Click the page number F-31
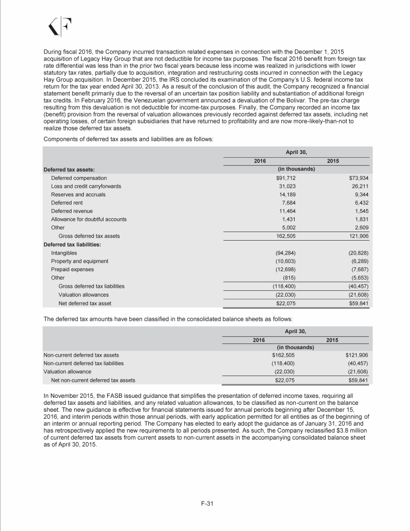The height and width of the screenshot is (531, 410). [x=205, y=503]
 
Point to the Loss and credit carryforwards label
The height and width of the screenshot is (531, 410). [x=86, y=186]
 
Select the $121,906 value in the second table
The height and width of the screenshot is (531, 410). [x=357, y=355]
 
